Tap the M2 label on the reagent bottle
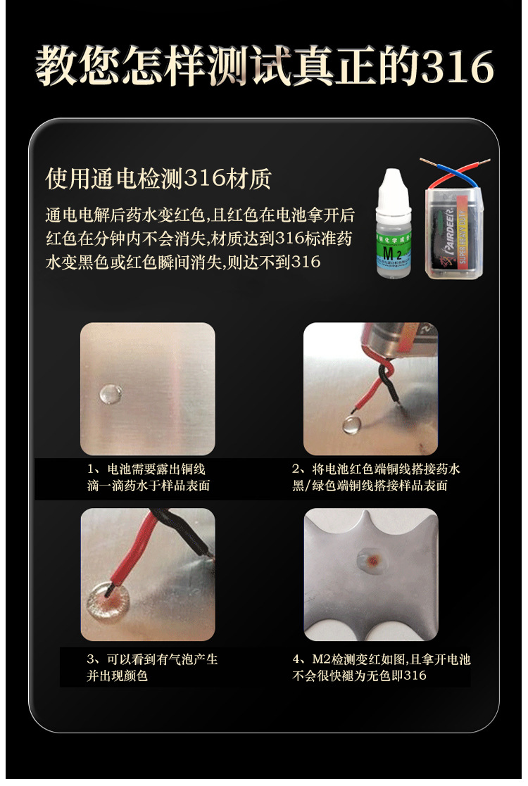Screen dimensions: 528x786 [391, 253]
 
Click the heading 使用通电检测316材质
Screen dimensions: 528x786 [158, 179]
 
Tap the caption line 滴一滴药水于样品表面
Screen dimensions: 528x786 [149, 486]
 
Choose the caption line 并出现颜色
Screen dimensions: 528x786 [118, 676]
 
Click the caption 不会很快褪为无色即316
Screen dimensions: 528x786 [359, 676]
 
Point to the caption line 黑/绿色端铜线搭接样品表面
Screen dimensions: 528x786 [370, 486]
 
